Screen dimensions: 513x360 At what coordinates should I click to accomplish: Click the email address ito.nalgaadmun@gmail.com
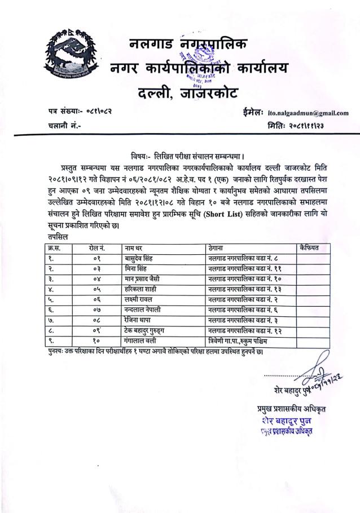click(308, 113)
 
